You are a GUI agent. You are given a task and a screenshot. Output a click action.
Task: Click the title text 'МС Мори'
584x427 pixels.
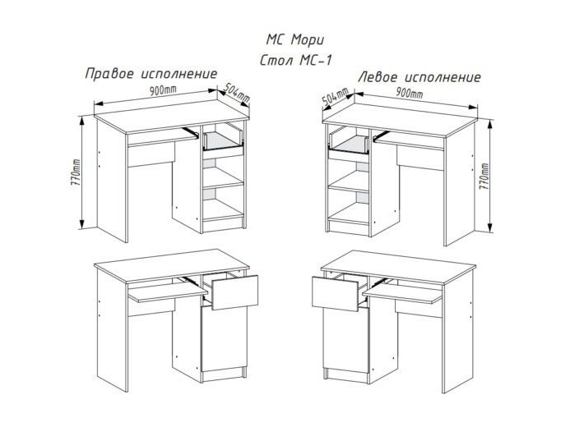pos(295,40)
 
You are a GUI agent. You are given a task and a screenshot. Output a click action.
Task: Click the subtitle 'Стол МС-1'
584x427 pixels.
pos(295,60)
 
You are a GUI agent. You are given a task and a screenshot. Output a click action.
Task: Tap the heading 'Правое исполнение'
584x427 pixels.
pos(151,73)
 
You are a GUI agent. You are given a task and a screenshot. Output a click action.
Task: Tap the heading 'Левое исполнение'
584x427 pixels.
pos(419,77)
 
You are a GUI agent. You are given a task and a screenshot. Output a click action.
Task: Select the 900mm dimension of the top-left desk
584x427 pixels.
pos(163,90)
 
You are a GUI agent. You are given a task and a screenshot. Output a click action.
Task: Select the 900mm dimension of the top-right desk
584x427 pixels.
pos(410,93)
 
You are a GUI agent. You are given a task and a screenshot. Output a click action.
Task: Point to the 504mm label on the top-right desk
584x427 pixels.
pos(336,98)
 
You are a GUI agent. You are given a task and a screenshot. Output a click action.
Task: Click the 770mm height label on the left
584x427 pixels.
pos(76,173)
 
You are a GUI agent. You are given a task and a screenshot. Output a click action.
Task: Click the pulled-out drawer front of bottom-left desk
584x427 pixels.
pos(235,292)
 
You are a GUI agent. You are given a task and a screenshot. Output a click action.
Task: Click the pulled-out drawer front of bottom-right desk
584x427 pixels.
pos(336,294)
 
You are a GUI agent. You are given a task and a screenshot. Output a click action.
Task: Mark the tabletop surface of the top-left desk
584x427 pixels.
pos(171,116)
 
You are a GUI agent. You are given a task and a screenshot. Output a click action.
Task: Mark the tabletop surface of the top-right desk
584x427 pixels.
pos(400,119)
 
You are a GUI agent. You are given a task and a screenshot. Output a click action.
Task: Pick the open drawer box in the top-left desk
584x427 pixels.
pos(223,140)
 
